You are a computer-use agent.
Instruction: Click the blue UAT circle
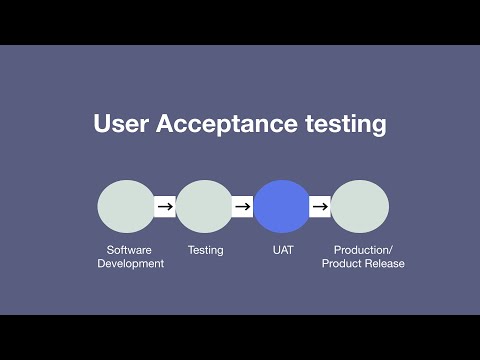point(282,207)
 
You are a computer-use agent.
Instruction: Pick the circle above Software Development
point(126,207)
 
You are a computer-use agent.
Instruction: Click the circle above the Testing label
point(204,207)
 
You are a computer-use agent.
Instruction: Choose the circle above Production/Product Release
point(360,207)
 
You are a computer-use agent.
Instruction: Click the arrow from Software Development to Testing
point(165,207)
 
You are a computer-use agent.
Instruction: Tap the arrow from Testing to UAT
point(243,207)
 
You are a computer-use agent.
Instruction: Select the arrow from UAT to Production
point(321,207)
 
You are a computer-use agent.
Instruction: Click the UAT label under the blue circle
point(282,250)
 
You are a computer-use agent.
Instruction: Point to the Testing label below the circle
point(205,250)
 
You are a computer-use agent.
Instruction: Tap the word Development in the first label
point(130,264)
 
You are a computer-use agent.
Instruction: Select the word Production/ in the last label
point(363,250)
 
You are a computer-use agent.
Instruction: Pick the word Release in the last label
point(385,264)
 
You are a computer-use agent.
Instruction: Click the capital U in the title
point(102,125)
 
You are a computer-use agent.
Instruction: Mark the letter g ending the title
point(378,128)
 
